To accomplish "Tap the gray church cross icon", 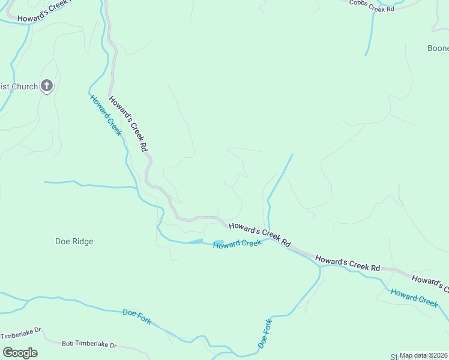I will click(47, 86).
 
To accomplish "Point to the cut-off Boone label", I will click(438, 48).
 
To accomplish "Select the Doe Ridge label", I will click(74, 241).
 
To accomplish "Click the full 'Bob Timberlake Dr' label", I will click(89, 345).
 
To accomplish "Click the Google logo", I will click(19, 352).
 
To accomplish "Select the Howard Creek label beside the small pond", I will click(238, 244).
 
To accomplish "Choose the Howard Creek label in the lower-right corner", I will click(414, 297).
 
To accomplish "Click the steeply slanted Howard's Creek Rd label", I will click(128, 123).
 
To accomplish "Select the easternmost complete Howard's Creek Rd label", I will click(348, 263).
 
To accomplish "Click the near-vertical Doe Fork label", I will click(265, 334).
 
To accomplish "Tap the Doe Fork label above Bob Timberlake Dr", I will click(137, 316).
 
